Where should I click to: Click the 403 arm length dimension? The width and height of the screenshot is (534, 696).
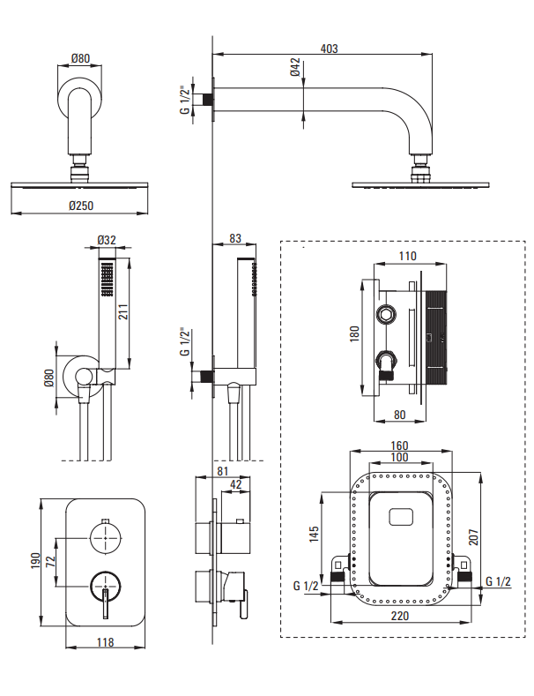pyautogui.click(x=329, y=49)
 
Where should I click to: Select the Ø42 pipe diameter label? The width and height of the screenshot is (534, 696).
pyautogui.click(x=295, y=67)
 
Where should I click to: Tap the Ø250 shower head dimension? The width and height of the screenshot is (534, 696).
pyautogui.click(x=81, y=206)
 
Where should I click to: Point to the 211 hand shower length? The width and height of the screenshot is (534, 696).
pyautogui.click(x=122, y=311)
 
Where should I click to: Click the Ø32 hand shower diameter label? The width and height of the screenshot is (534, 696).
pyautogui.click(x=107, y=240)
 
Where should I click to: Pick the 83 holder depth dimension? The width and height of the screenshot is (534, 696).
pyautogui.click(x=235, y=238)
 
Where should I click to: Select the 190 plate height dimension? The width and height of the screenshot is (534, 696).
pyautogui.click(x=35, y=561)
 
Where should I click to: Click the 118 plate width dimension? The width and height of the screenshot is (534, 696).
pyautogui.click(x=105, y=642)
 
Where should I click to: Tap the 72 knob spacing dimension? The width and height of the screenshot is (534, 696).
pyautogui.click(x=50, y=562)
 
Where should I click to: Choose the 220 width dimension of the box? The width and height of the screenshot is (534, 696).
pyautogui.click(x=399, y=616)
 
